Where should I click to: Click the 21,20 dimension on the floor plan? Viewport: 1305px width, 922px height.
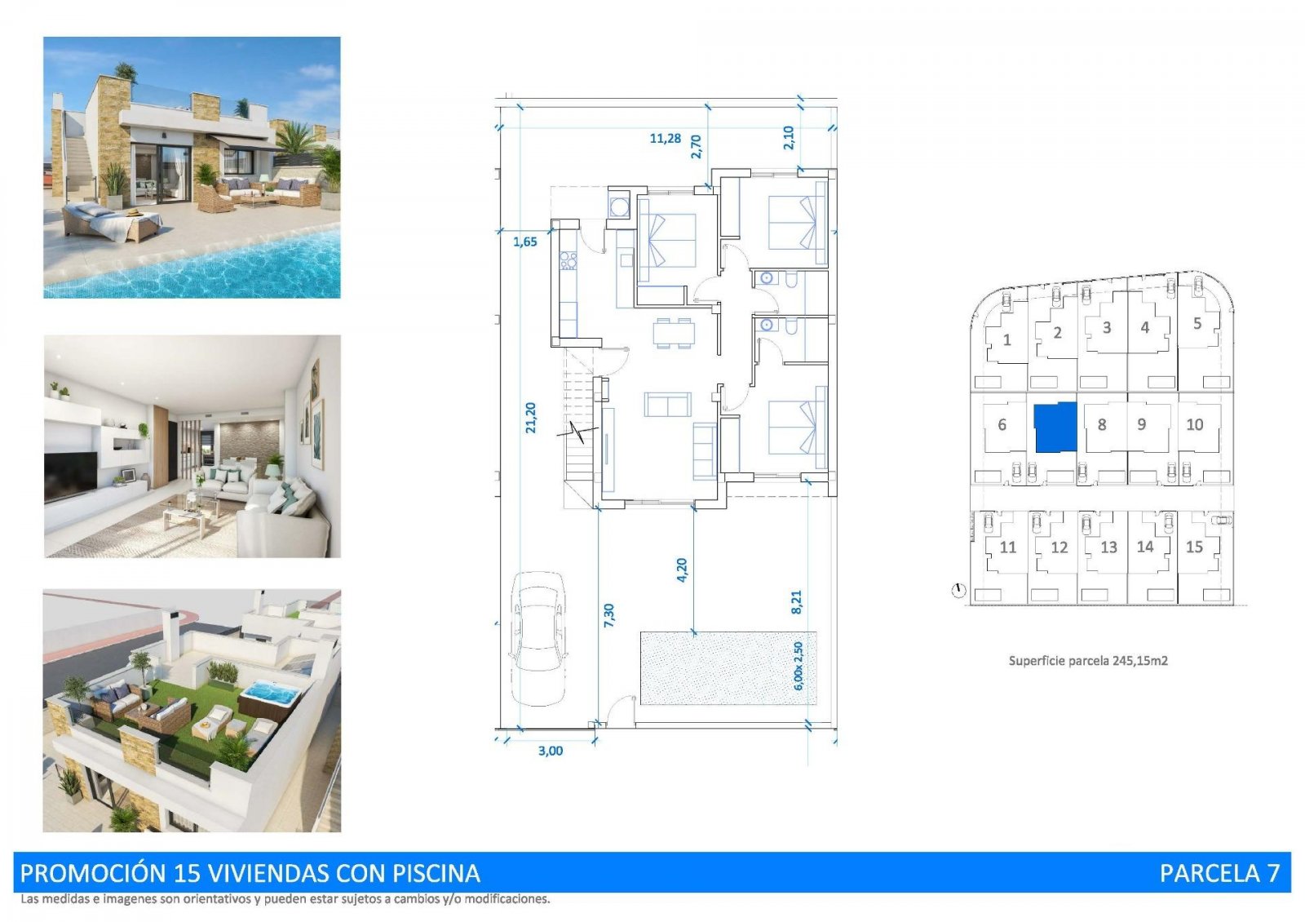(531, 417)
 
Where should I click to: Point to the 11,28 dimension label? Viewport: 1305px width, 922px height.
(665, 139)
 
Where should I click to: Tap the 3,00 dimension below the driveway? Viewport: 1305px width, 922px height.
(551, 751)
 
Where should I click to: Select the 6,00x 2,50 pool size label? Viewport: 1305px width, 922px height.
(798, 666)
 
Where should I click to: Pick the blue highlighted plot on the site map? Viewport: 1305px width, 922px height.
(1055, 427)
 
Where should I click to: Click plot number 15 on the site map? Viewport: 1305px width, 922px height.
(1194, 547)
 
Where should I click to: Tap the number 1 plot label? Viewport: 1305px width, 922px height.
(1006, 339)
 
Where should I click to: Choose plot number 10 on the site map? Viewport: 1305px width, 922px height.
(1194, 424)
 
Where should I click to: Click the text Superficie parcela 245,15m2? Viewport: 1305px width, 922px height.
(1088, 660)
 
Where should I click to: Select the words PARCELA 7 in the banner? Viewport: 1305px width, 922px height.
(1219, 873)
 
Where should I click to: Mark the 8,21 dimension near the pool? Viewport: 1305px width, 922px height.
(797, 602)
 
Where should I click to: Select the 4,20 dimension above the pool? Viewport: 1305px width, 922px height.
(682, 570)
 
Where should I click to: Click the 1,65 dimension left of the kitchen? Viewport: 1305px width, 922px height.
(525, 242)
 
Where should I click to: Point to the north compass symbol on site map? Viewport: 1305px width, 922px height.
(959, 590)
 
